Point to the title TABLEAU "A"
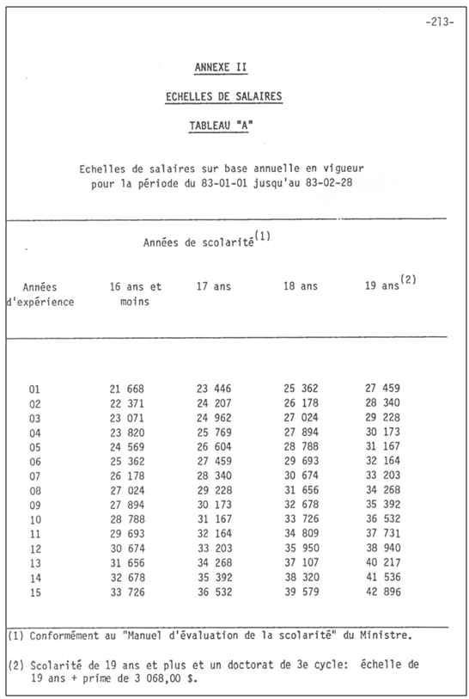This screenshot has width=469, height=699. click(x=222, y=126)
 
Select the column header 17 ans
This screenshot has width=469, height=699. click(x=214, y=286)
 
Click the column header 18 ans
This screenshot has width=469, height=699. click(x=301, y=286)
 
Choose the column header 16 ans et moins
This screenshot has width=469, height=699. click(x=135, y=294)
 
